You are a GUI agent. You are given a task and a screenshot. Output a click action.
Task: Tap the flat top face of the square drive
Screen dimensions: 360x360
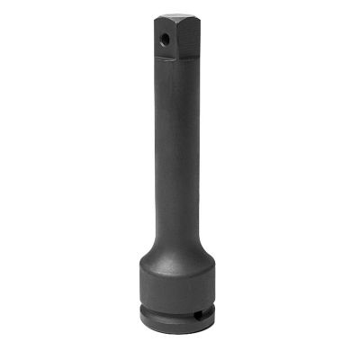175,17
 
